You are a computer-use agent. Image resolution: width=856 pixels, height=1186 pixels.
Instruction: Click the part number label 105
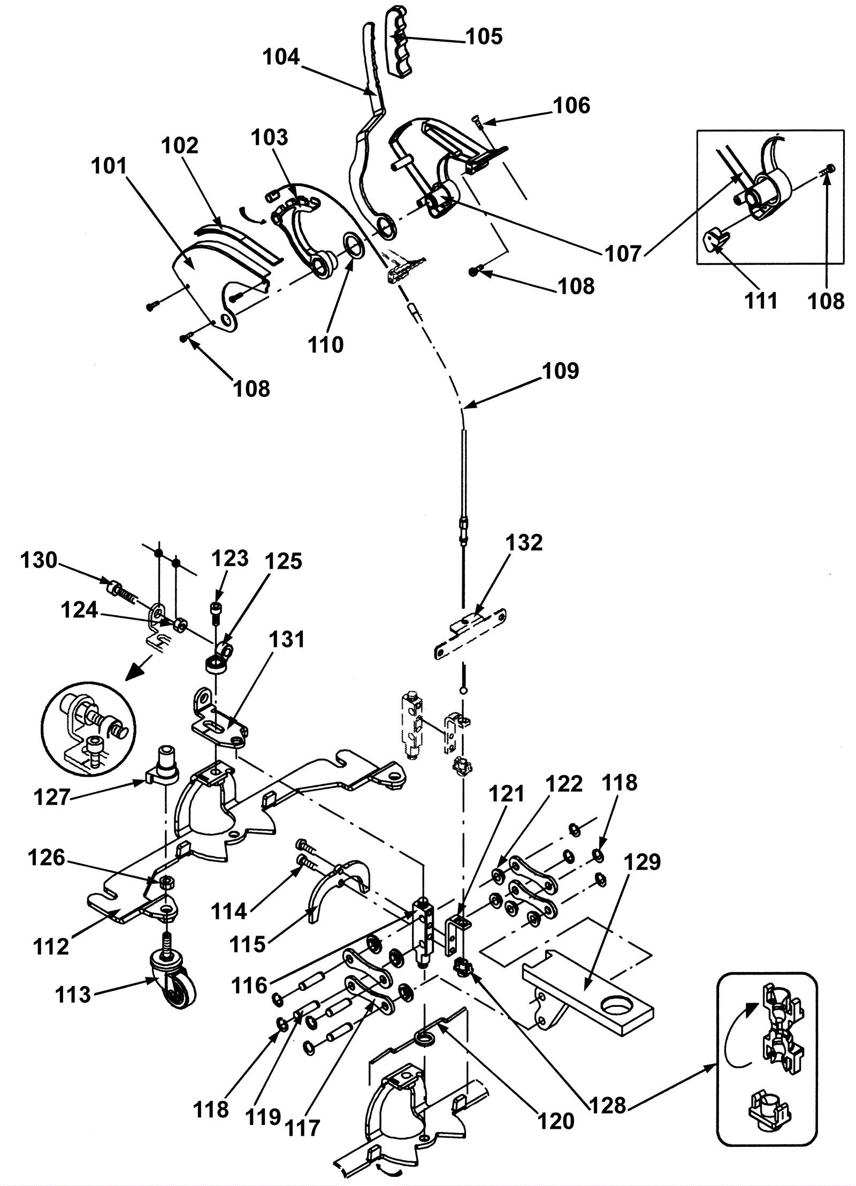[484, 36]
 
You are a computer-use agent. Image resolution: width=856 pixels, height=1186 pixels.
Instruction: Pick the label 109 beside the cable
[560, 371]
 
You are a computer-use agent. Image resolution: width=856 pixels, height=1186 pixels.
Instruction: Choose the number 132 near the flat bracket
[524, 542]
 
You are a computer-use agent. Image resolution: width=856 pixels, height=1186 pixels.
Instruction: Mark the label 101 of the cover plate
[109, 166]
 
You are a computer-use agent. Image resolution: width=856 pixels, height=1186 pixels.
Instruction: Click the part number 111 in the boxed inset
[761, 301]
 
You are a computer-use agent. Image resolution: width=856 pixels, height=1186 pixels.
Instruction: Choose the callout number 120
[556, 1105]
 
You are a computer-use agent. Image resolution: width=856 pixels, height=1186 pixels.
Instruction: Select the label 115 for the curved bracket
[248, 944]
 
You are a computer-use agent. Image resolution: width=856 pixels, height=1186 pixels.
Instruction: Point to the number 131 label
[287, 639]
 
